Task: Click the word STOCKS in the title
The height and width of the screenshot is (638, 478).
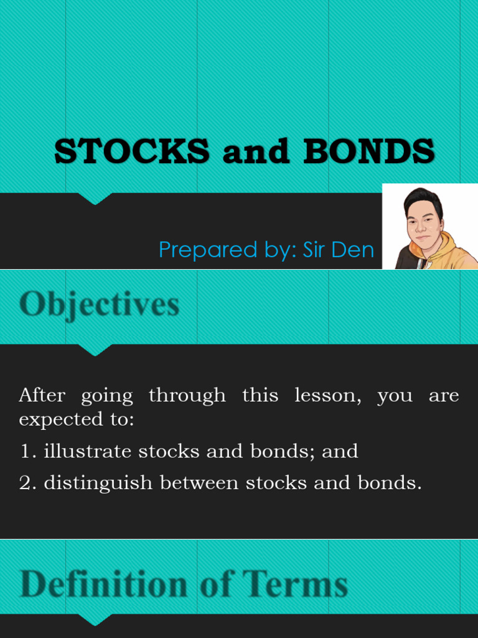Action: (x=132, y=151)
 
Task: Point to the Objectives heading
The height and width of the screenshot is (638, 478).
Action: (x=99, y=305)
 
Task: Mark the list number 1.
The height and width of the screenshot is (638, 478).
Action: (x=26, y=452)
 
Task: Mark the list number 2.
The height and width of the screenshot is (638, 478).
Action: (x=26, y=483)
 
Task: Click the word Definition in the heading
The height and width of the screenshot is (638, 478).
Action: (x=103, y=584)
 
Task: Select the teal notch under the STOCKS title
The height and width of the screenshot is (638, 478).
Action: (x=95, y=198)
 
